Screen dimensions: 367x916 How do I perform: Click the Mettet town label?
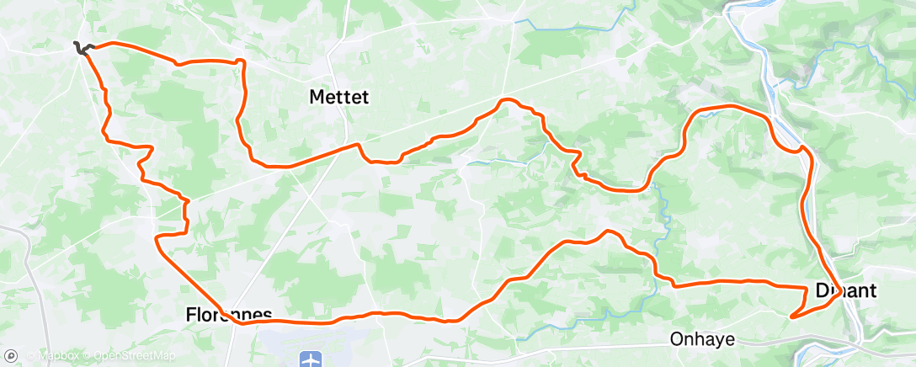pos(339,98)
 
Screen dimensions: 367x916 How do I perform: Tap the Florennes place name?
pos(228,316)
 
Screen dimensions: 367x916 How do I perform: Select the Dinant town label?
pos(846,291)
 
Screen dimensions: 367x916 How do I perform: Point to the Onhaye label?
pos(702,340)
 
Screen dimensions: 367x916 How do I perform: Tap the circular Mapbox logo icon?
pos(10,357)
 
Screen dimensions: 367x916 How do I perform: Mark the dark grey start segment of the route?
pos(80,48)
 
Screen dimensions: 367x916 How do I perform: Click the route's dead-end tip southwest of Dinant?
pos(792,317)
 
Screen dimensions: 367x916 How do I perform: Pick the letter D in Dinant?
pos(823,291)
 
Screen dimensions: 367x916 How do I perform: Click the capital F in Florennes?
pos(190,316)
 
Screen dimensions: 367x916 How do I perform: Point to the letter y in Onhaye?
pos(722,342)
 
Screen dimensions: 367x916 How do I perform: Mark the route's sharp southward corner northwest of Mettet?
pos(242,61)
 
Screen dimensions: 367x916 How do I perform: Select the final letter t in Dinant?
pos(874,291)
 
